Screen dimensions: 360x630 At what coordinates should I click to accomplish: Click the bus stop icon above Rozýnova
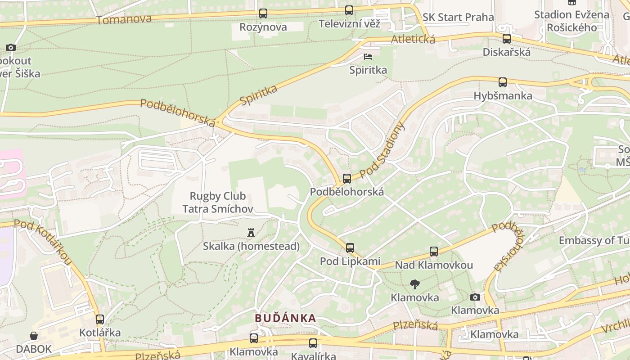tap(263, 13)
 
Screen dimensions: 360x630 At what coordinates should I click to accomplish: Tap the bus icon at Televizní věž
tap(349, 10)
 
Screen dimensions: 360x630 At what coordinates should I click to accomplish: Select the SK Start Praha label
tap(458, 18)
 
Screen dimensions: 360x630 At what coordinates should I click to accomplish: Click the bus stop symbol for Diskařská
tap(507, 39)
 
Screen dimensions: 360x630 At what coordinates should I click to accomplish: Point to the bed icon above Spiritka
tap(368, 57)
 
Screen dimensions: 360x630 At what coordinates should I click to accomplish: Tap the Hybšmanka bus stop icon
tap(503, 82)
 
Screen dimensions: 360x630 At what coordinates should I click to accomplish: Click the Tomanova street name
tap(123, 19)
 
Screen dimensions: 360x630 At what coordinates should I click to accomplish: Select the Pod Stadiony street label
tap(382, 150)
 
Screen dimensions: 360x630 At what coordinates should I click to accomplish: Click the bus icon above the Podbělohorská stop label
tap(347, 179)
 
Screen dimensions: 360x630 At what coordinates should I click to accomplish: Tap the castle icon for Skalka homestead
tap(251, 233)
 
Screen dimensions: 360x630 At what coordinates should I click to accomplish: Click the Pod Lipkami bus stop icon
tap(350, 247)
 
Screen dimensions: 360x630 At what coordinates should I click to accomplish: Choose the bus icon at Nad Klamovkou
tap(434, 252)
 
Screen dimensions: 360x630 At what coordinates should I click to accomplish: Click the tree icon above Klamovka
tap(414, 284)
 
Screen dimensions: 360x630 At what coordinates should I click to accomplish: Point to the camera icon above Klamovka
tap(475, 297)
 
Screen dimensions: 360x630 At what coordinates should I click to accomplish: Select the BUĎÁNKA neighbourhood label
tap(285, 318)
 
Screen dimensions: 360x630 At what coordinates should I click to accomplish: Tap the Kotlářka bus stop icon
tap(100, 319)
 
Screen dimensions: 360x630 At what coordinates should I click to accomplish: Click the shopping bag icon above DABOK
tap(34, 336)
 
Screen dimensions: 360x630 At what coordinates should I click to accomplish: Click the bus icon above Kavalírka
tap(313, 343)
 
